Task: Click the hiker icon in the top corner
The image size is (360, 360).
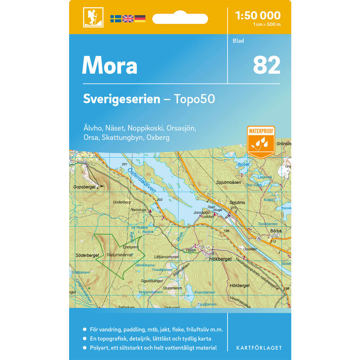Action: (x=93, y=17)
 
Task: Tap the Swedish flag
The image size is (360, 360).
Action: (x=116, y=19)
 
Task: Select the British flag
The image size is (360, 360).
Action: (x=128, y=19)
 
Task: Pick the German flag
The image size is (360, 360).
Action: (x=140, y=19)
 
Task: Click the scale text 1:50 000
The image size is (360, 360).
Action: (x=257, y=15)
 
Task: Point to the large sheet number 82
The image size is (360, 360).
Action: (x=266, y=65)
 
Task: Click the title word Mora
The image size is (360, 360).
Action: (x=109, y=66)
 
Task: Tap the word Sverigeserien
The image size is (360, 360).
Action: (x=121, y=99)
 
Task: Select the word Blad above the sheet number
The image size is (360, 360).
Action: (x=238, y=41)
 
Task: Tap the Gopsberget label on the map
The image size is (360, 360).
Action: (x=84, y=187)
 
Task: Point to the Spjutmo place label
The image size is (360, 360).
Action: (x=237, y=203)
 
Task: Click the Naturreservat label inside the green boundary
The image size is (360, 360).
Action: (x=120, y=255)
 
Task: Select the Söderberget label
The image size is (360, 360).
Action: (x=87, y=255)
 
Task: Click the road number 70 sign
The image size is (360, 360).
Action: (x=258, y=239)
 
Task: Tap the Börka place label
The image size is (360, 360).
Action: (x=275, y=231)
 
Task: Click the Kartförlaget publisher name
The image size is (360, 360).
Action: (x=259, y=348)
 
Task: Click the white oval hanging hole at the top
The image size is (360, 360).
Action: (x=180, y=18)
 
